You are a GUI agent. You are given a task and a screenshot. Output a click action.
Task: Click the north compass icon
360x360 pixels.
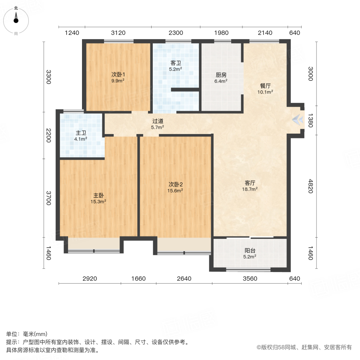tap(16, 18)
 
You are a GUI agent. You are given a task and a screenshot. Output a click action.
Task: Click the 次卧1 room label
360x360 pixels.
tap(118, 74)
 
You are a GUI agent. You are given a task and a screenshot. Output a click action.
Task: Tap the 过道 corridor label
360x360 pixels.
tap(158, 122)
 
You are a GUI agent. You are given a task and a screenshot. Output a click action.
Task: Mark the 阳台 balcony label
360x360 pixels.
tap(250, 251)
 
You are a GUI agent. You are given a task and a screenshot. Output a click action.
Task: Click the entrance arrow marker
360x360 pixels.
tap(298, 119)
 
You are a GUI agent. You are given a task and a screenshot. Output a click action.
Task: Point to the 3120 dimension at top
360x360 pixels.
tap(118, 33)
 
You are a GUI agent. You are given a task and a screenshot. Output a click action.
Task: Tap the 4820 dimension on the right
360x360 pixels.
tap(309, 186)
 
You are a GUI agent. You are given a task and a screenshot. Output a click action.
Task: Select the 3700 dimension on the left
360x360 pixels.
tap(48, 198)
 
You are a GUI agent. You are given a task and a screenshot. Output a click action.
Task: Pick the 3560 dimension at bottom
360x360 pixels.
tap(250, 279)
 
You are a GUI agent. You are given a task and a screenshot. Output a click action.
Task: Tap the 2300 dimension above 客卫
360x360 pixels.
tap(176, 33)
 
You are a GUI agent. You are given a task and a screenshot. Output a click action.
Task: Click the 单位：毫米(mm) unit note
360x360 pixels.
tap(27, 334)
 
